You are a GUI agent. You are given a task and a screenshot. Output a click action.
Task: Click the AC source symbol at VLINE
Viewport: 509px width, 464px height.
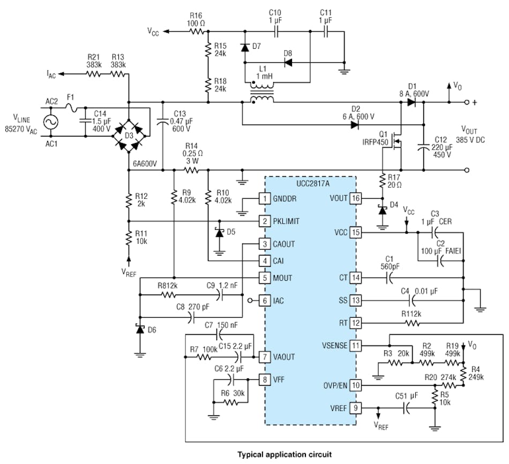pos(54,122)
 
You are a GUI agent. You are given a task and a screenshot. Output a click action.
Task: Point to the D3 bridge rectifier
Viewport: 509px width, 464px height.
pos(129,135)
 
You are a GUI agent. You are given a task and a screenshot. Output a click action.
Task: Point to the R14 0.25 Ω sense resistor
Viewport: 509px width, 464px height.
pos(191,170)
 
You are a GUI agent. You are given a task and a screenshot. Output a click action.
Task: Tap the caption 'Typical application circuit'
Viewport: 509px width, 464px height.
pos(285,454)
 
